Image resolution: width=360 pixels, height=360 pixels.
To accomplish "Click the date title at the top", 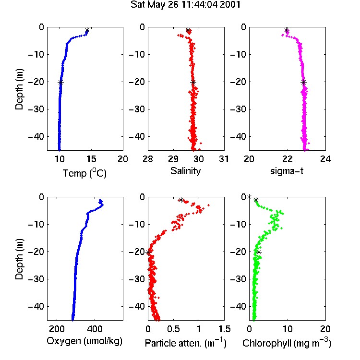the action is click(x=185, y=5).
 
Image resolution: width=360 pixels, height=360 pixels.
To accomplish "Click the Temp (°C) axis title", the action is click(x=84, y=173).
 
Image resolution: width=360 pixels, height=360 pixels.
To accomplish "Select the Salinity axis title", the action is click(x=185, y=171).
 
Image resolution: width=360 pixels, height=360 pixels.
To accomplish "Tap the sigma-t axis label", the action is click(x=287, y=171).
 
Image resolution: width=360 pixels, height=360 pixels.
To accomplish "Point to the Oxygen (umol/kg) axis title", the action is click(x=84, y=341).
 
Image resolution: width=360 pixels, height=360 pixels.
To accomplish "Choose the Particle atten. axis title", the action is click(x=186, y=343).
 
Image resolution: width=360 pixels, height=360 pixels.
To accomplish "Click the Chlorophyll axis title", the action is click(x=287, y=343).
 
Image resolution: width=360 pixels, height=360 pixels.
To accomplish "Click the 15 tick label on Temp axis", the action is click(x=91, y=159).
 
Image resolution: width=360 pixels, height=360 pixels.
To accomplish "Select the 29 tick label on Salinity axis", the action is click(x=173, y=159).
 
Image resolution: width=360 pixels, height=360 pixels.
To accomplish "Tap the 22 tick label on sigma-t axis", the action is click(x=287, y=159).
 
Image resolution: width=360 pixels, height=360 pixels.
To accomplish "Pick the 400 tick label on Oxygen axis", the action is click(x=95, y=329).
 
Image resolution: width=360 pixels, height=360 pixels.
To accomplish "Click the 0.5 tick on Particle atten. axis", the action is click(x=173, y=329).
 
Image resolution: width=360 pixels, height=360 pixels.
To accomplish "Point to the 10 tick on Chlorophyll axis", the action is click(x=287, y=329).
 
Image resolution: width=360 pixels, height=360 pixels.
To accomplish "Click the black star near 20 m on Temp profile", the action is click(x=60, y=83).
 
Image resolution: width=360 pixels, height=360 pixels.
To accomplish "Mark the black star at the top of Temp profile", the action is click(x=87, y=30).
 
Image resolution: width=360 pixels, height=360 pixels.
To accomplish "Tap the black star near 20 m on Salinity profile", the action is click(x=193, y=83).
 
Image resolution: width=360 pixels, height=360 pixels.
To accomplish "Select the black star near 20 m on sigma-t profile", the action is click(x=304, y=83).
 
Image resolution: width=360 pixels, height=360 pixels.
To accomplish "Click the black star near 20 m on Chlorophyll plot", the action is click(x=259, y=252).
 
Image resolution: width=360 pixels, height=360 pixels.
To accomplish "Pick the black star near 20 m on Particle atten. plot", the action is click(x=148, y=252).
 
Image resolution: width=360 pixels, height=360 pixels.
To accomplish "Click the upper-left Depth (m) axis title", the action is click(x=20, y=89).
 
